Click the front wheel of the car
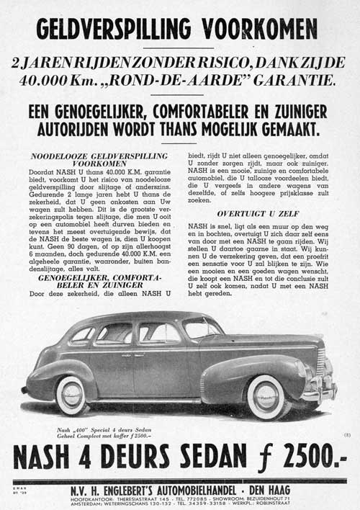(x=267, y=396)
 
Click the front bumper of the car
(x=320, y=394)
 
